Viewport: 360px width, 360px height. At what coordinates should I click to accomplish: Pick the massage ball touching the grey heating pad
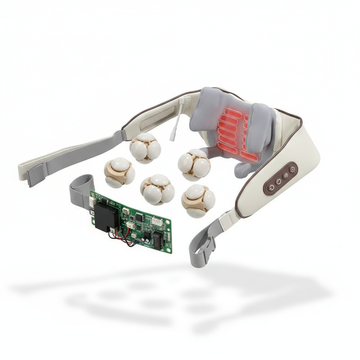(x=194, y=165)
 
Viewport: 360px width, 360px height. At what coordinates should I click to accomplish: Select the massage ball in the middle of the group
(x=157, y=189)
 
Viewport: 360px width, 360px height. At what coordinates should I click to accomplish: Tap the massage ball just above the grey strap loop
(x=119, y=172)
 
